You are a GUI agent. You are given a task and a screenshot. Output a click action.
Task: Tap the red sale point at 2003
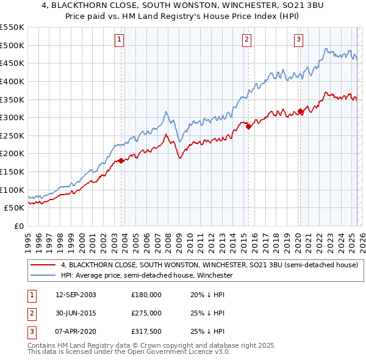click(x=121, y=160)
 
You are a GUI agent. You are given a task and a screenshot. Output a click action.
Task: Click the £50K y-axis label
click(x=15, y=208)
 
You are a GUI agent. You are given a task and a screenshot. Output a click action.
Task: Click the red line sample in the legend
click(x=43, y=265)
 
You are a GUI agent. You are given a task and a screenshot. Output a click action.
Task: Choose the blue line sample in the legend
click(x=43, y=275)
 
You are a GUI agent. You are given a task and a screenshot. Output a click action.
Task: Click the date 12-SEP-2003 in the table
click(x=76, y=294)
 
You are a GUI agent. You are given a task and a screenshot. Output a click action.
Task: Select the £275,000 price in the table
click(x=146, y=313)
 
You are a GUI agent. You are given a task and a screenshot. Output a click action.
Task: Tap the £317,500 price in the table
click(x=146, y=332)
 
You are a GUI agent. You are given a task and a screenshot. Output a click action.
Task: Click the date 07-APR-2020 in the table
click(x=76, y=332)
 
